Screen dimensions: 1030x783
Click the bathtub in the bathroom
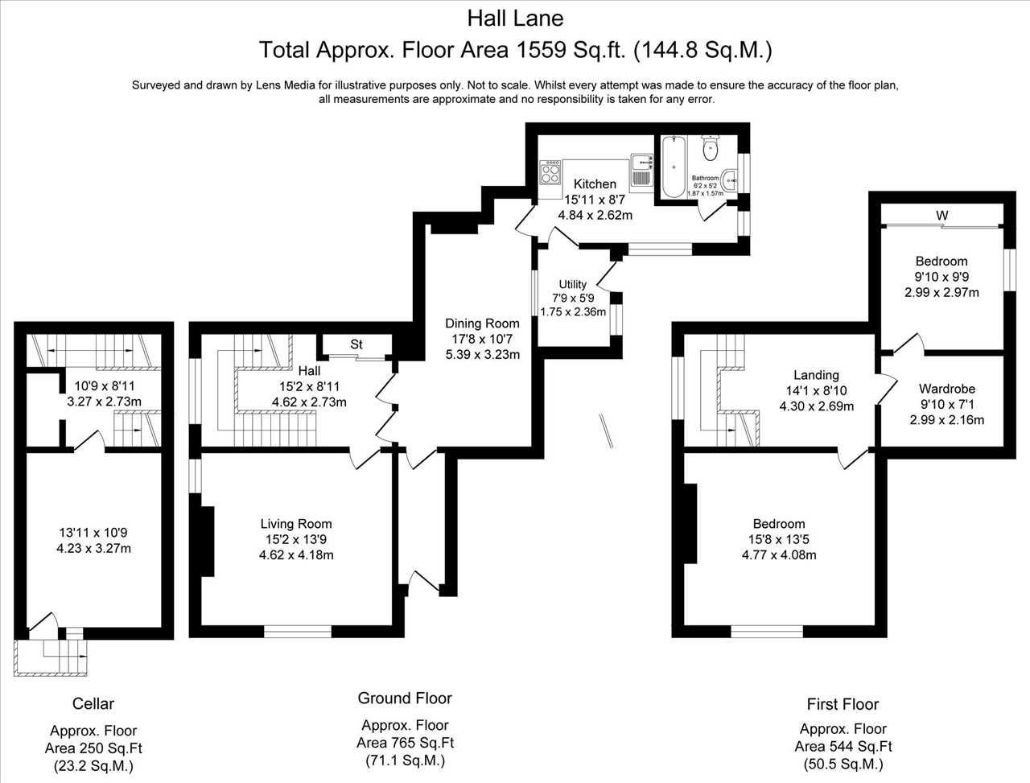coord(674,167)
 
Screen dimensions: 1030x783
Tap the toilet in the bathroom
coord(710,148)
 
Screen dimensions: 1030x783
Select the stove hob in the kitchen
coord(550,172)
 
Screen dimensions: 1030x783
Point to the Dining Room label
coord(482,324)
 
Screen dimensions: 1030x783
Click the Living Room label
coord(296,524)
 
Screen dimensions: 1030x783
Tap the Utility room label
coord(572,284)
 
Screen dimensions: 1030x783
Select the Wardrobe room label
coord(947,389)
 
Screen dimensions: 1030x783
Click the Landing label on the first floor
coord(817,375)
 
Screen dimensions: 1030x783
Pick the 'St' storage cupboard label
coord(356,344)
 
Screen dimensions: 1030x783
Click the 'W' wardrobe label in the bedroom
coord(941,216)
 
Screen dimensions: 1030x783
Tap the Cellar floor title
coord(93,703)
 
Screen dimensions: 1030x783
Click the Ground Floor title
coord(405,698)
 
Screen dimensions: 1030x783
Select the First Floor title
coord(843,704)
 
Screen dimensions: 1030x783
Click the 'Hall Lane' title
coord(515,19)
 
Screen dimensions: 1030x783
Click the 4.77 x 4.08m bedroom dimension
coord(779,555)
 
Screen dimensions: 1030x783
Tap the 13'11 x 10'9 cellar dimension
coord(93,533)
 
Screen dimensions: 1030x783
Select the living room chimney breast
coord(208,541)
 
